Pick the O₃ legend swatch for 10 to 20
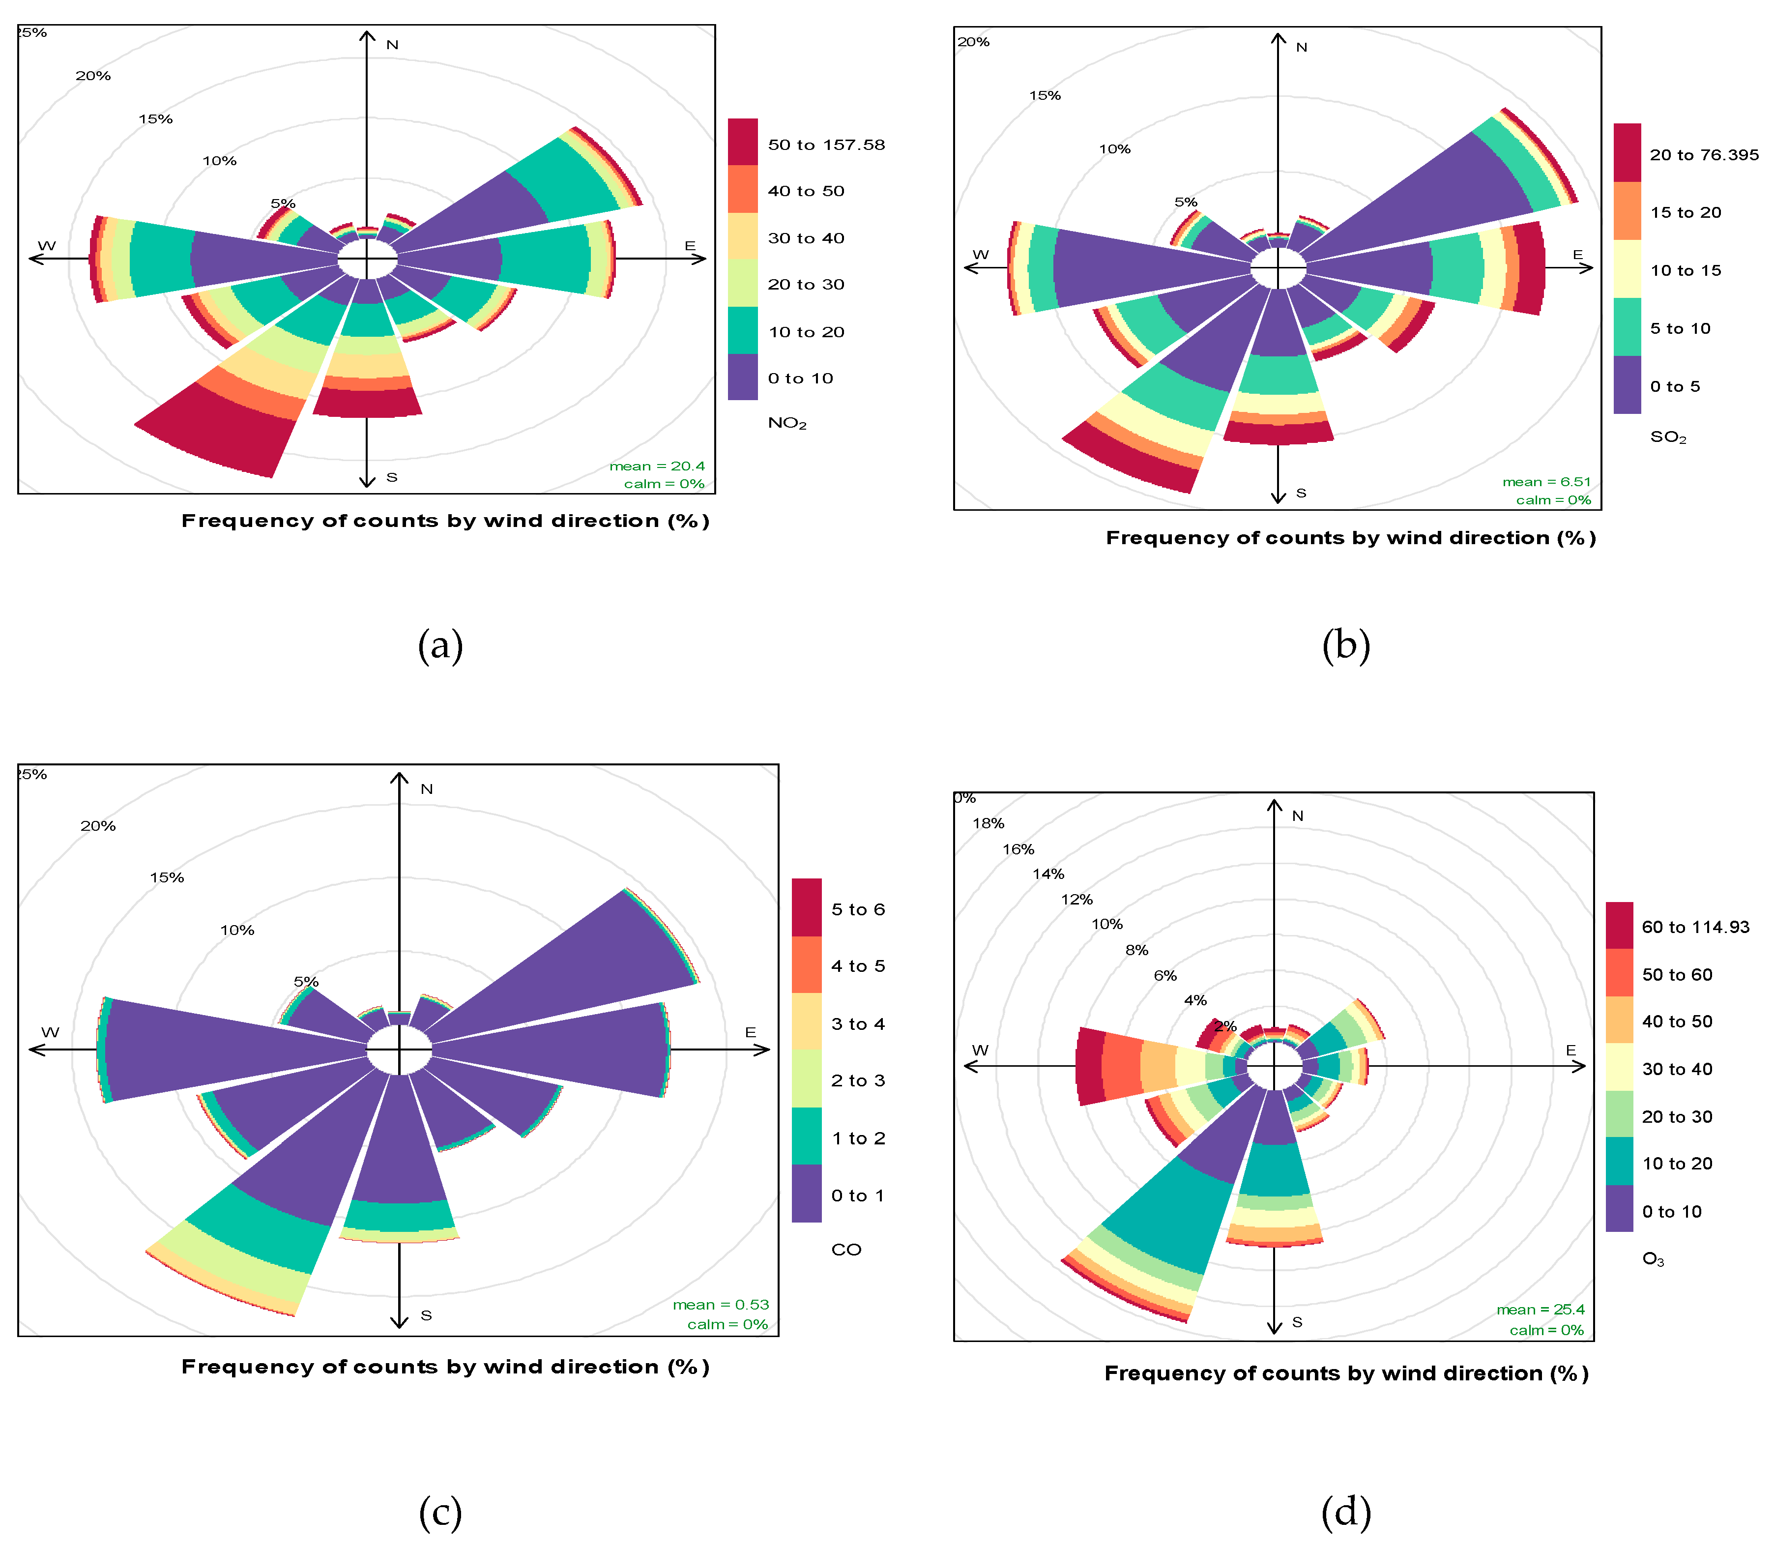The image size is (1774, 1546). pos(1619,1162)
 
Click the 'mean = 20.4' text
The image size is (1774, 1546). pos(657,466)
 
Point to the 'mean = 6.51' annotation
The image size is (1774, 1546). pos(1546,481)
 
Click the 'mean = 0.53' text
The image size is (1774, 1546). pos(721,1305)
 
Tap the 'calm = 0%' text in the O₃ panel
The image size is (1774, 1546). pos(1546,1329)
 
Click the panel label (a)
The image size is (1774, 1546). pos(440,645)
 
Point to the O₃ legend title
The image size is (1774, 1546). pos(1652,1259)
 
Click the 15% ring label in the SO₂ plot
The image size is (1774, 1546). pos(1044,95)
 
